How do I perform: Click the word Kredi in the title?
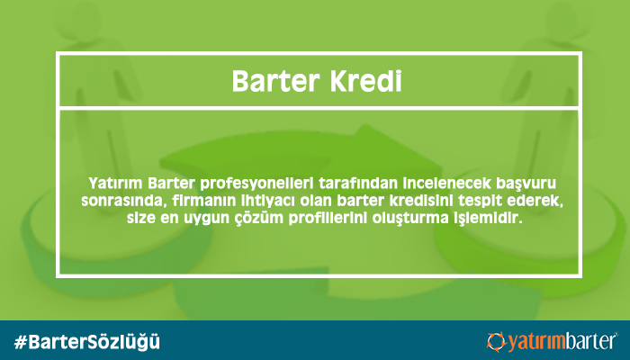click(x=365, y=82)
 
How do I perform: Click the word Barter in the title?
click(x=274, y=82)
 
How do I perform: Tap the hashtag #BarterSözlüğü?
click(x=86, y=341)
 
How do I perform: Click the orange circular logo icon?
click(x=497, y=341)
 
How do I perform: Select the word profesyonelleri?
click(x=256, y=184)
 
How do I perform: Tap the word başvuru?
click(x=526, y=184)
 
